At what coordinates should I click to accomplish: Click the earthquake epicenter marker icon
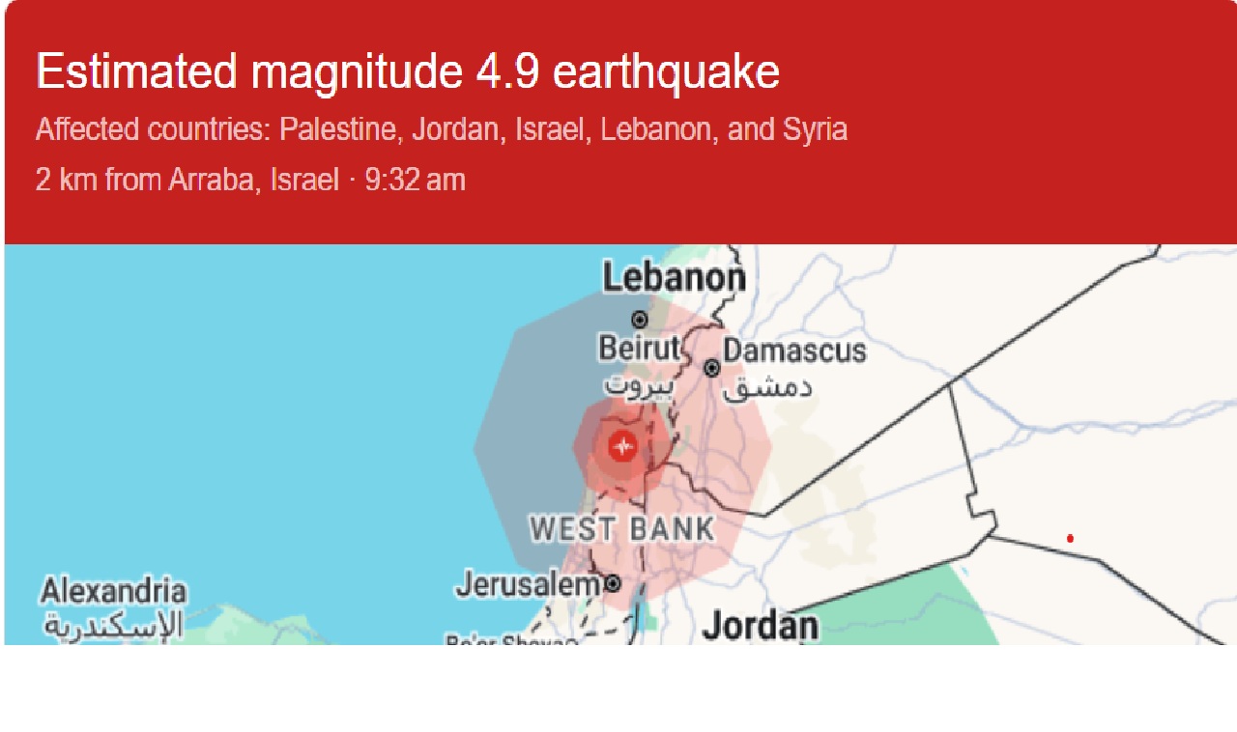point(623,447)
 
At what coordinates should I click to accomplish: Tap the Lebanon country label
point(674,279)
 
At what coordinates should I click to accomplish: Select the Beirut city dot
point(639,320)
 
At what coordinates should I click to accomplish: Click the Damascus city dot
point(712,368)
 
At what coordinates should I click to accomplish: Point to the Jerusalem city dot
point(612,583)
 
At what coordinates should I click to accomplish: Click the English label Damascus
point(794,351)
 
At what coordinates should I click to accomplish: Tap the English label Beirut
point(640,349)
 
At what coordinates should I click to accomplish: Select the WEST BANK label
point(622,529)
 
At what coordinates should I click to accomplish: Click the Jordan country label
point(760,625)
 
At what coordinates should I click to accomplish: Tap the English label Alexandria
point(113,590)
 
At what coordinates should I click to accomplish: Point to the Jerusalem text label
point(528,584)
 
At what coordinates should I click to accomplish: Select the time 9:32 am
point(415,180)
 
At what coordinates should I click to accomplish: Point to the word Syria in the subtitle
point(815,129)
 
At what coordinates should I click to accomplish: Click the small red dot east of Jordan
point(1070,538)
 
